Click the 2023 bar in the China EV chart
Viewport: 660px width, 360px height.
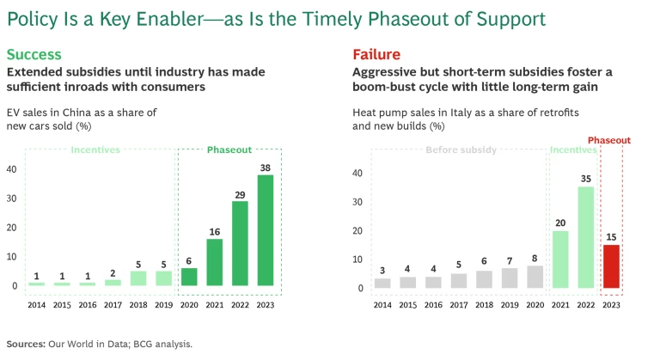click(265, 230)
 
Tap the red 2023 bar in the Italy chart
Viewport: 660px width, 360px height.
click(611, 265)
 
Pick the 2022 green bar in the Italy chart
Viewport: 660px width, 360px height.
click(585, 237)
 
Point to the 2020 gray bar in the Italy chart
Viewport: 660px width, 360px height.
click(535, 277)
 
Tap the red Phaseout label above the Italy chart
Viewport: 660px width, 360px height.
click(609, 140)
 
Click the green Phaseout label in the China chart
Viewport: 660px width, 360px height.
click(229, 150)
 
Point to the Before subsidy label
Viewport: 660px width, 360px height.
click(461, 150)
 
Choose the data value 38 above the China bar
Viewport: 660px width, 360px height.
click(265, 168)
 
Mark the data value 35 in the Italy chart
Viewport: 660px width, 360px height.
click(585, 180)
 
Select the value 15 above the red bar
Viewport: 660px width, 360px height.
click(611, 238)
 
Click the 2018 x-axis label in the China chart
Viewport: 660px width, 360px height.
click(137, 305)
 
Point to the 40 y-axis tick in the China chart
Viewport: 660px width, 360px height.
click(12, 169)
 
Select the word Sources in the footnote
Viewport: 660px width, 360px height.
click(26, 344)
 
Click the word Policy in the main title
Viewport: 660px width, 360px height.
click(32, 17)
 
